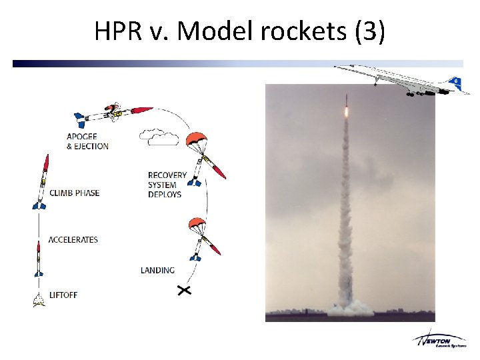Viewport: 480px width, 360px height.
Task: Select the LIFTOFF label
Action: click(x=63, y=295)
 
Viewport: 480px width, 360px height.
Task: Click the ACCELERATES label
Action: click(x=73, y=239)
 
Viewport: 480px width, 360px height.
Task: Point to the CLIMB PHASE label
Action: click(x=74, y=193)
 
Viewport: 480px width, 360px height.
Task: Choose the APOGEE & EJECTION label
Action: click(x=87, y=141)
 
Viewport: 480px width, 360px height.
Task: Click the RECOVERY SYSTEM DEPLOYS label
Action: click(x=167, y=185)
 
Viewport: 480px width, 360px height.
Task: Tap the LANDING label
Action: click(x=157, y=270)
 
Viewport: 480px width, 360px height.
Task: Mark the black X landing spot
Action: click(x=183, y=290)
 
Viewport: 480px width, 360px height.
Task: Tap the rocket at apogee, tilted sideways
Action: click(x=113, y=113)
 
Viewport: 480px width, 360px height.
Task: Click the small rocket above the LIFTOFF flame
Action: click(x=39, y=260)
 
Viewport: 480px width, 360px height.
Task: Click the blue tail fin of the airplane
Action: click(x=455, y=83)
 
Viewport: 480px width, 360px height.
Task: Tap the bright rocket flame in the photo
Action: click(x=346, y=112)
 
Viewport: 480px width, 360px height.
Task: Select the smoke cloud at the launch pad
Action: click(x=349, y=307)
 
